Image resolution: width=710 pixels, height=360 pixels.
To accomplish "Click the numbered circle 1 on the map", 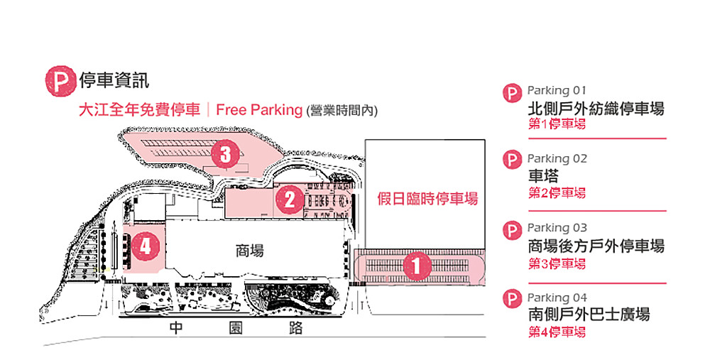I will (x=417, y=266).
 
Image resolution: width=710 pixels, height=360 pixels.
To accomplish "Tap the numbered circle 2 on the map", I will (x=289, y=200).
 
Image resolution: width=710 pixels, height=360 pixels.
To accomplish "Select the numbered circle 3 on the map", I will (x=225, y=154).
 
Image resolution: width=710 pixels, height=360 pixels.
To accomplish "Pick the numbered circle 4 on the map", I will (x=146, y=246).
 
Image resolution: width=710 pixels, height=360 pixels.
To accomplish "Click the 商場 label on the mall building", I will (x=249, y=251).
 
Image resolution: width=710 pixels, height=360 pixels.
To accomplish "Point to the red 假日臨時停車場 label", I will (x=427, y=199).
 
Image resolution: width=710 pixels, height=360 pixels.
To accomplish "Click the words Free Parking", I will (x=259, y=110).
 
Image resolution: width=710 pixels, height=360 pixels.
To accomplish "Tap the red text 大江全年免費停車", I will (x=138, y=110).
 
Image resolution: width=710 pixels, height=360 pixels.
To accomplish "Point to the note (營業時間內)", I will (x=342, y=111).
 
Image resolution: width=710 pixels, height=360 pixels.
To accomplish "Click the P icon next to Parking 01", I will (x=512, y=94).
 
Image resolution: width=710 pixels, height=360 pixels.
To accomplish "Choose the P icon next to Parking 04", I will (x=512, y=299).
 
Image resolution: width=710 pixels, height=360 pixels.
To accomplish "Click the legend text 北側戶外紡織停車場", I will (x=596, y=109).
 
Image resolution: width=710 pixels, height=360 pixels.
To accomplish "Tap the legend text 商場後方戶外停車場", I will (x=596, y=246).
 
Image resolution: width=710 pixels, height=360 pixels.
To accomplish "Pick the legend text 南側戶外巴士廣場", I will (x=589, y=315).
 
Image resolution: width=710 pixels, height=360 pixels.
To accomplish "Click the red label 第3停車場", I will (x=557, y=263).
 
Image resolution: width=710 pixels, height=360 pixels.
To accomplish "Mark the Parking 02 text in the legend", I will (x=557, y=158).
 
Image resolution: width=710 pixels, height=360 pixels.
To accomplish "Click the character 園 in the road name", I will (x=236, y=328).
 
